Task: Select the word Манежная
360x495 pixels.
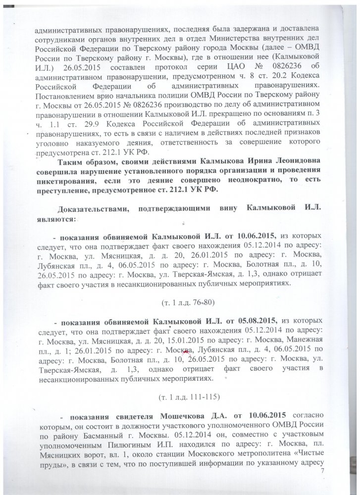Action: click(313, 339)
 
